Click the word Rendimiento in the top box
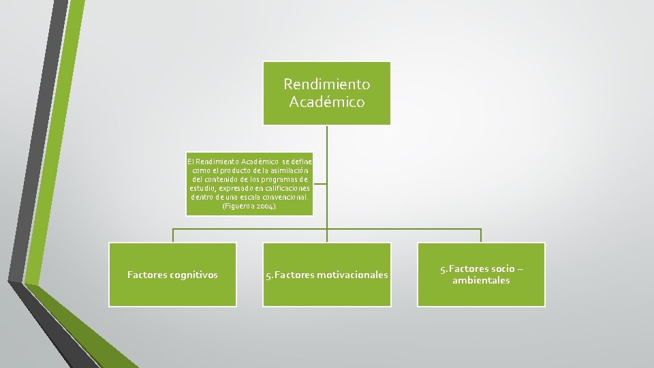(x=327, y=85)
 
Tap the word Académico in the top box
(x=327, y=102)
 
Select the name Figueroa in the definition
(x=238, y=205)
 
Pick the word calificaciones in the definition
(x=283, y=187)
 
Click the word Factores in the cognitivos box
(x=146, y=275)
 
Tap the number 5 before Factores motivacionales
(x=268, y=275)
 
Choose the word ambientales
(x=481, y=280)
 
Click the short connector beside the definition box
(x=320, y=183)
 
